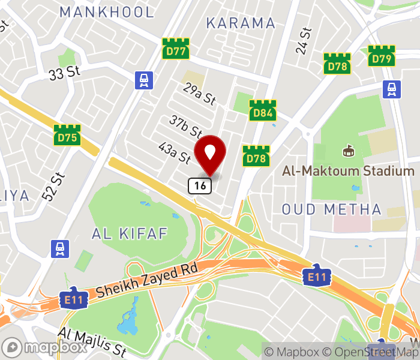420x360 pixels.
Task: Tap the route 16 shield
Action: click(200, 186)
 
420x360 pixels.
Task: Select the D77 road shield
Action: click(176, 50)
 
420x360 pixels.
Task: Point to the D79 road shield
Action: click(382, 58)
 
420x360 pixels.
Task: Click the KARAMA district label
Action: click(241, 23)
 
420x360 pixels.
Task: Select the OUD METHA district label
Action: click(332, 209)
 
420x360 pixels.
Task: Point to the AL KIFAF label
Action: click(129, 233)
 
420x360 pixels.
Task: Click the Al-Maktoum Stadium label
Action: click(349, 172)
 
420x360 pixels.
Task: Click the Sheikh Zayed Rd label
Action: click(146, 282)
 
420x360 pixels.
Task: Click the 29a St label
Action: click(200, 94)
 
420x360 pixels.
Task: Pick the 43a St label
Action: click(174, 153)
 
